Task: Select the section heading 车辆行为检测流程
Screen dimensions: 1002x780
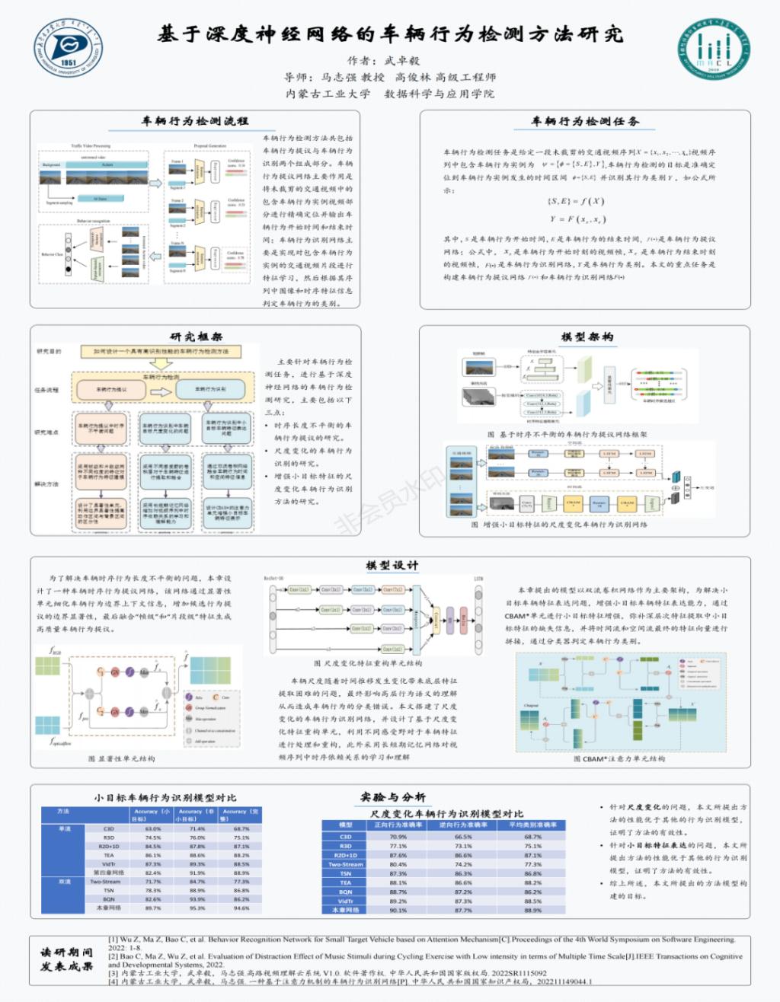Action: point(195,122)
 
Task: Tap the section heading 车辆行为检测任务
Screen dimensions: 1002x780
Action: point(584,122)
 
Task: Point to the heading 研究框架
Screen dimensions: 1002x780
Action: point(196,337)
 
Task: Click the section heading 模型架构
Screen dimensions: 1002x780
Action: point(587,337)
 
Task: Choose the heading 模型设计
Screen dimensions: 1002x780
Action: point(392,566)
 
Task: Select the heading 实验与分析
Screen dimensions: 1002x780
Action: point(393,796)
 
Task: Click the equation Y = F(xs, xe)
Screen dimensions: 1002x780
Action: point(577,219)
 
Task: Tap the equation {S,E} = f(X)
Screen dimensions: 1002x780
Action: point(576,201)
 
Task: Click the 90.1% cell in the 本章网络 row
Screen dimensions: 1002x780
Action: point(398,910)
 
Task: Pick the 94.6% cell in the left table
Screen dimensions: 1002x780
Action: point(241,908)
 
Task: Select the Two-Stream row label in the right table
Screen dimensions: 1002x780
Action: point(345,864)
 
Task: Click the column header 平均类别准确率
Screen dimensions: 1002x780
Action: point(532,825)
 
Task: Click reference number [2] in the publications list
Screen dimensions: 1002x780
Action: point(113,956)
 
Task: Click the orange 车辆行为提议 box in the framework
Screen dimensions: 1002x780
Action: point(111,390)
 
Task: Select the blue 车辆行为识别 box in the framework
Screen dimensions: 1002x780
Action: point(211,390)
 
